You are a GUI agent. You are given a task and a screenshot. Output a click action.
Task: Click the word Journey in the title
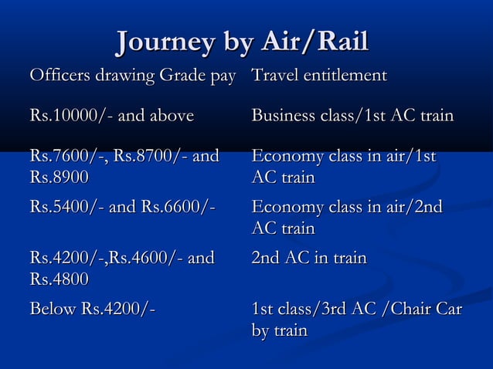click(161, 44)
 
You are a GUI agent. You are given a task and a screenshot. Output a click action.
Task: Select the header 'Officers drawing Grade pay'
click(131, 76)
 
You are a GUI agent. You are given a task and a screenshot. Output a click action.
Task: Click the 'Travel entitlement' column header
click(319, 76)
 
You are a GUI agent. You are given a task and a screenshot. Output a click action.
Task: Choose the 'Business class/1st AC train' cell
click(352, 117)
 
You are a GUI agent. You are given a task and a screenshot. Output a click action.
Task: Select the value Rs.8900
click(59, 177)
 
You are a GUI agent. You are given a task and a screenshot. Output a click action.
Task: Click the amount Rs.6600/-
click(177, 208)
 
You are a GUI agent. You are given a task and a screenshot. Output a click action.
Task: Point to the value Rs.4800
click(59, 278)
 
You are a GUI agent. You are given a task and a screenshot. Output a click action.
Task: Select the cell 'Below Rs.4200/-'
click(92, 310)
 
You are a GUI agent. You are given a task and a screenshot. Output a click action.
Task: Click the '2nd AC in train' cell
click(309, 258)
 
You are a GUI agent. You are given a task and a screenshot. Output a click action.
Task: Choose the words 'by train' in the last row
click(280, 330)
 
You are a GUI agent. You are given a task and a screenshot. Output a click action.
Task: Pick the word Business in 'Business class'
click(284, 117)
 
